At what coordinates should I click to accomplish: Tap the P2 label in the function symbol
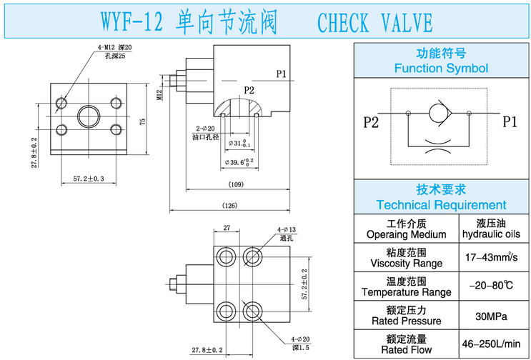pyautogui.click(x=370, y=121)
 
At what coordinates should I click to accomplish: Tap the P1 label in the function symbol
pyautogui.click(x=509, y=121)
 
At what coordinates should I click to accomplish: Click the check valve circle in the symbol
pyautogui.click(x=441, y=112)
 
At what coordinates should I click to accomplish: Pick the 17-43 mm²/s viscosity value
pyautogui.click(x=491, y=257)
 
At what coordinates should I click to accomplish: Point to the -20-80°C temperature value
pyautogui.click(x=491, y=286)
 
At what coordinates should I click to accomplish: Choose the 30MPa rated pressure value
pyautogui.click(x=491, y=315)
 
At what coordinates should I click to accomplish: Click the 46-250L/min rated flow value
pyautogui.click(x=491, y=344)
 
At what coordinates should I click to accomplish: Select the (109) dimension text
pyautogui.click(x=236, y=184)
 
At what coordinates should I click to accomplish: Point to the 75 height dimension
pyautogui.click(x=143, y=122)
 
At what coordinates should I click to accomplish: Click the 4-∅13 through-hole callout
pyautogui.click(x=286, y=230)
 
